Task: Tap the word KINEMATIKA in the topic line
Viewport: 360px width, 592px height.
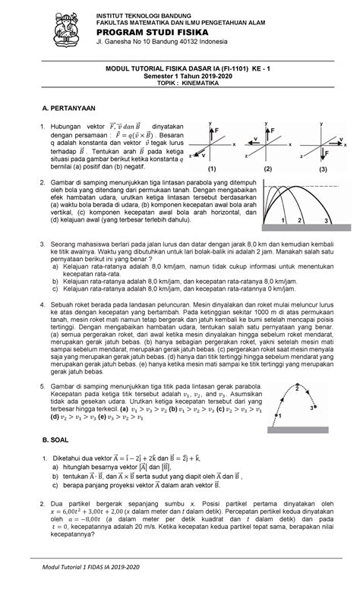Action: pyautogui.click(x=199, y=86)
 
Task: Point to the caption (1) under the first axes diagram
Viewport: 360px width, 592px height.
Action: pyautogui.click(x=212, y=169)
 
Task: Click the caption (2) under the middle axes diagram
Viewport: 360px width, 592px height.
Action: pyautogui.click(x=267, y=169)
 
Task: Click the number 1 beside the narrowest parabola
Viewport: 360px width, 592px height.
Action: pyautogui.click(x=281, y=220)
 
